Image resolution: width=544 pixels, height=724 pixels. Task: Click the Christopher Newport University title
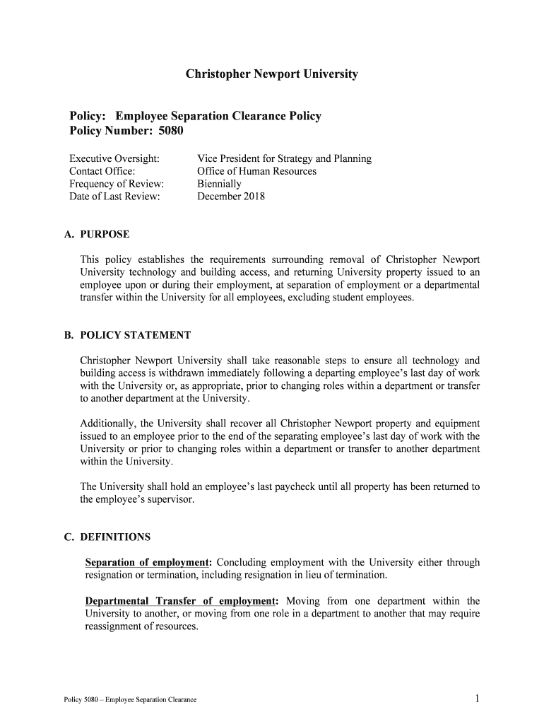[x=272, y=74]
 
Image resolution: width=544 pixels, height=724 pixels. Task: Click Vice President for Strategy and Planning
[x=284, y=158]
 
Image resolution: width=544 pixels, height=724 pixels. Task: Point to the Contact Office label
[x=102, y=171]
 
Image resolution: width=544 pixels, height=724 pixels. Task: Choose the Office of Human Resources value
[x=256, y=171]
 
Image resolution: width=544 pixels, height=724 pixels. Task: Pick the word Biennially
[x=219, y=184]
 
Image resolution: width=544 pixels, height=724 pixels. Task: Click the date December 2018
[x=231, y=197]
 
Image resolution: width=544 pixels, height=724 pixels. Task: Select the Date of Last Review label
[x=114, y=197]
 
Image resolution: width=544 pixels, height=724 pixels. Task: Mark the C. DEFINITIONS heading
[x=107, y=537]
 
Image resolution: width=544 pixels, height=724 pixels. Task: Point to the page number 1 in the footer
[x=478, y=699]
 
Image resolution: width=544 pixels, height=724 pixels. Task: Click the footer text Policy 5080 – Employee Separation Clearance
[x=130, y=700]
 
